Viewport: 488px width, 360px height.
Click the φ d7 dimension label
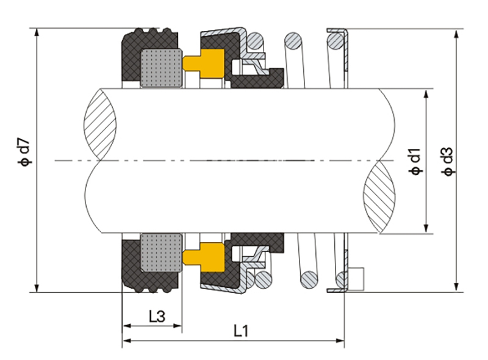pos(24,151)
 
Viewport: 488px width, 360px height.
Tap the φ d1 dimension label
pos(415,162)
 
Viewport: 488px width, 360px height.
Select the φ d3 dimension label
pos(448,161)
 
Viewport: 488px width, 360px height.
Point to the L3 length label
pos(157,317)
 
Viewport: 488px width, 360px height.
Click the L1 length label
pos(241,331)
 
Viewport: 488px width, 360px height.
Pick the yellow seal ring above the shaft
pos(204,63)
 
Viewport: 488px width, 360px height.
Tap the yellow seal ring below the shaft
pos(204,257)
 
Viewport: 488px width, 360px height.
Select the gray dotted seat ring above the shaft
pos(161,68)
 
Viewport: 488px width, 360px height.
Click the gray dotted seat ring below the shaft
pos(161,252)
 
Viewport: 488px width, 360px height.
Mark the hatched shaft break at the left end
pos(100,124)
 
